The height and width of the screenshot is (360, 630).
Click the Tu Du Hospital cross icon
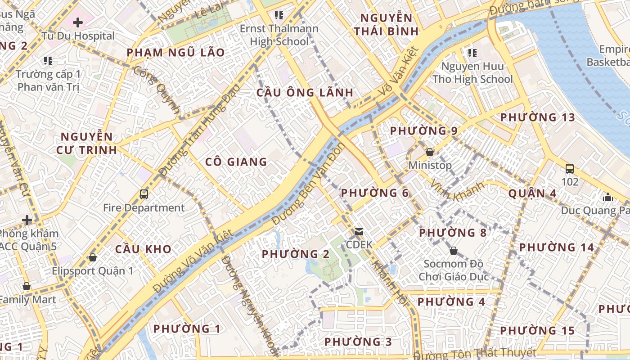tap(78, 22)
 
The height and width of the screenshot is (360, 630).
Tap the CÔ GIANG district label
tap(236, 162)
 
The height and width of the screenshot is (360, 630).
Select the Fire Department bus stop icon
tap(144, 194)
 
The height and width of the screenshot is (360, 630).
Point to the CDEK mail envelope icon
tap(359, 232)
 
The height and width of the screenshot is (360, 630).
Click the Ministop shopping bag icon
tap(430, 152)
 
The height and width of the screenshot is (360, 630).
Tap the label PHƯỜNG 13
tap(537, 117)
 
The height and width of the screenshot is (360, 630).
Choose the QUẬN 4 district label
tap(532, 194)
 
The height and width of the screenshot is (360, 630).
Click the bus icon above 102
tap(570, 169)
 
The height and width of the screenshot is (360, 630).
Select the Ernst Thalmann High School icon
tap(279, 15)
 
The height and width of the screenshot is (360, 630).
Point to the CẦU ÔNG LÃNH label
tap(305, 93)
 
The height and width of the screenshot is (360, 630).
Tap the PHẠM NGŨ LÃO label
tap(175, 53)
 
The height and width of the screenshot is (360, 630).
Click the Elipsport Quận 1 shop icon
tap(93, 257)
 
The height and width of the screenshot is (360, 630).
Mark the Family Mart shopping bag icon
tap(27, 286)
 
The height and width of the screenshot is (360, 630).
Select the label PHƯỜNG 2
tap(296, 254)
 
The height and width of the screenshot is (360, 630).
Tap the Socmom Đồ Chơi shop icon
tap(454, 250)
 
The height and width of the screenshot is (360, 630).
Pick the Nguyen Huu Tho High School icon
tap(472, 53)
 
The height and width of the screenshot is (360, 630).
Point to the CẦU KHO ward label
tap(143, 249)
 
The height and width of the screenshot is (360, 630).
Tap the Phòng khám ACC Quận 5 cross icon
tap(27, 220)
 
